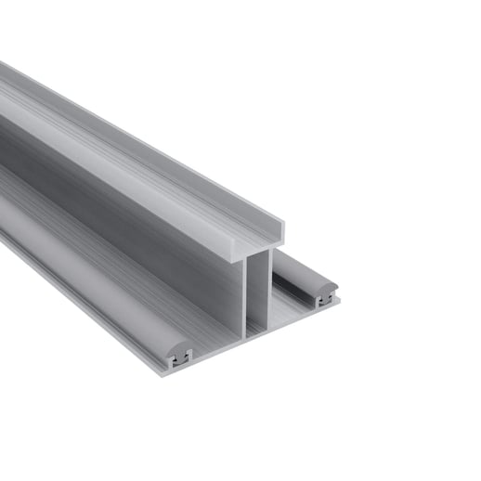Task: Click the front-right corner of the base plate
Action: tap(338, 301)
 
